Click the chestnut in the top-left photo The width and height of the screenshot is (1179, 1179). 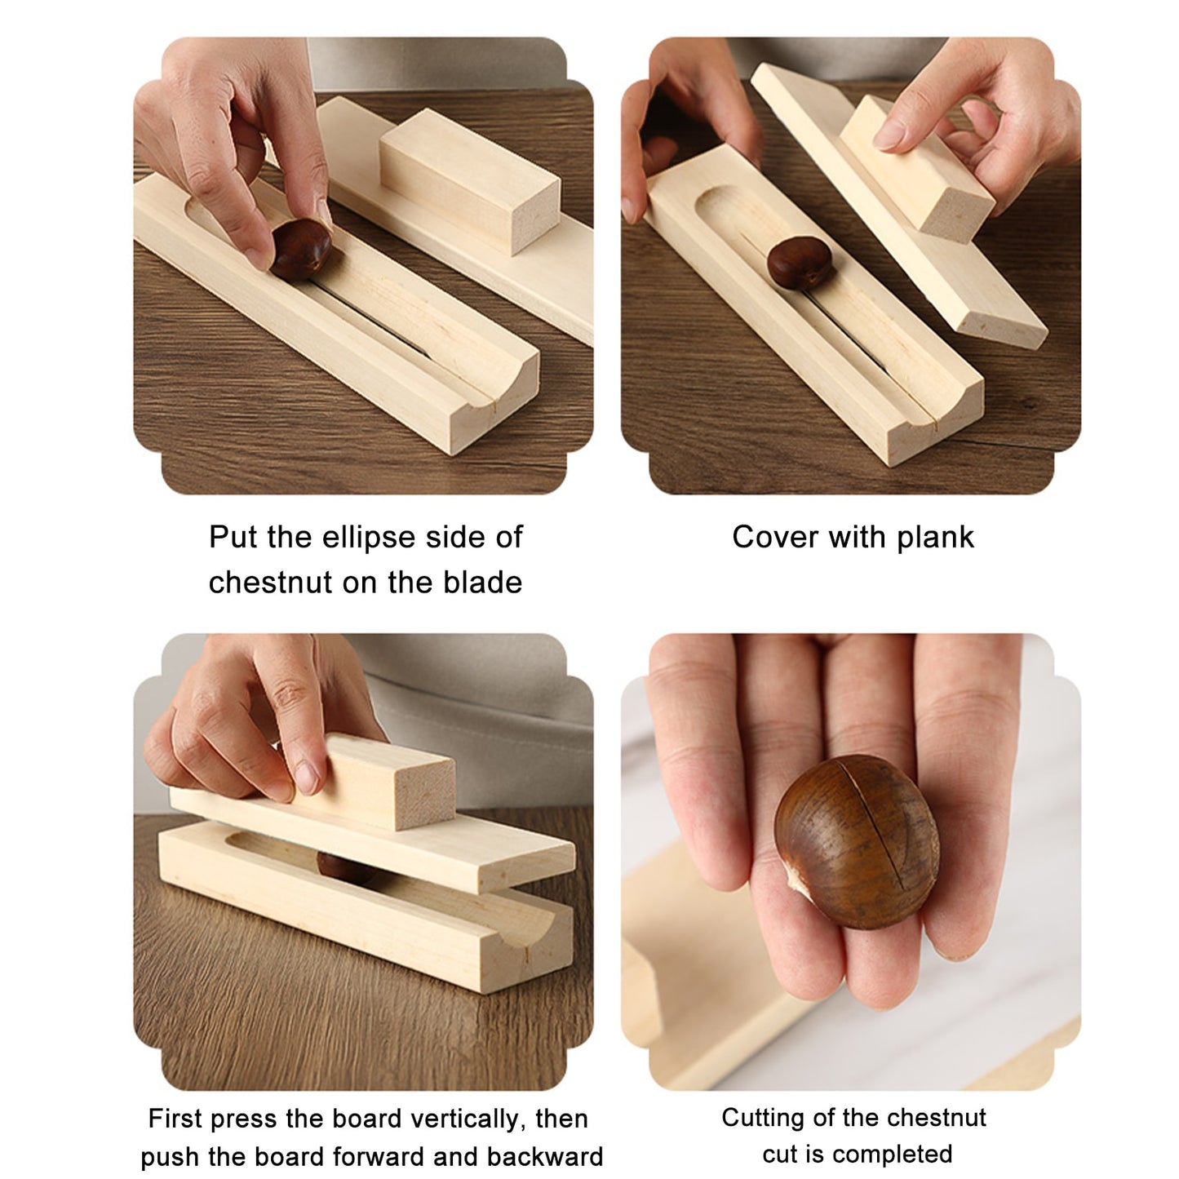pyautogui.click(x=300, y=250)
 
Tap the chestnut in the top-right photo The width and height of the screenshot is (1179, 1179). pyautogui.click(x=799, y=264)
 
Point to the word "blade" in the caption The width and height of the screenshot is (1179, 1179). pyautogui.click(x=482, y=582)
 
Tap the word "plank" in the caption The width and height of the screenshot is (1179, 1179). pyautogui.click(x=935, y=538)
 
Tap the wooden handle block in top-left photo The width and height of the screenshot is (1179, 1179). pyautogui.click(x=469, y=182)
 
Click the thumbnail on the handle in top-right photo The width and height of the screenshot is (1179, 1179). pyautogui.click(x=889, y=133)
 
